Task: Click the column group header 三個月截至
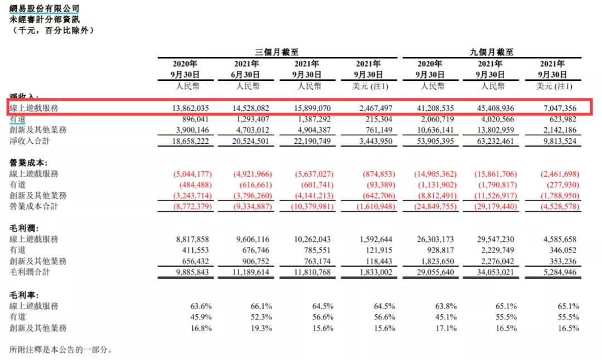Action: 276,52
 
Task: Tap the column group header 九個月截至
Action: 491,52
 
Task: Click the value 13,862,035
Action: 190,108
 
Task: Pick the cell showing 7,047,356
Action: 557,108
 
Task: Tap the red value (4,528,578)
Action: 556,206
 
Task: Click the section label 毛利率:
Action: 25,294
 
